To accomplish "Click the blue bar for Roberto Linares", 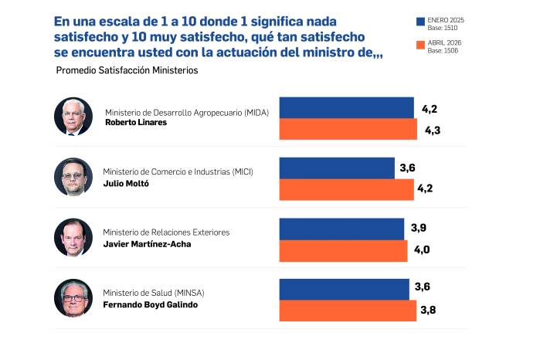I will tap(346, 107).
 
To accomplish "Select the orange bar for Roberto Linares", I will tap(348, 129).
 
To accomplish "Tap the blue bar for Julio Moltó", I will tap(336, 168).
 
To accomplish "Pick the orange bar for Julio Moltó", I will tap(346, 189).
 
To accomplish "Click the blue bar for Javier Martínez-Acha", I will tap(341, 229).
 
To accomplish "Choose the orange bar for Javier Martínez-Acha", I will tap(342, 250).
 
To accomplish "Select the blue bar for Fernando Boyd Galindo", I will tap(343, 289).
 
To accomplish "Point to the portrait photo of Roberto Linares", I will tap(73, 117).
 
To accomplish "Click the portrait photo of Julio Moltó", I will tap(73, 177).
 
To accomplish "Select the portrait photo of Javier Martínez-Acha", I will tap(73, 237).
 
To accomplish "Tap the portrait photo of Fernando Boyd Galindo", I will tap(73, 298).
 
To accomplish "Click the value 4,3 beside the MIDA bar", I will tap(432, 131).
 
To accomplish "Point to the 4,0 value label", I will tap(420, 250).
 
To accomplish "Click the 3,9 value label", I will tap(419, 227).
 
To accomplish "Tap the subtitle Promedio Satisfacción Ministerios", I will tap(127, 70).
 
